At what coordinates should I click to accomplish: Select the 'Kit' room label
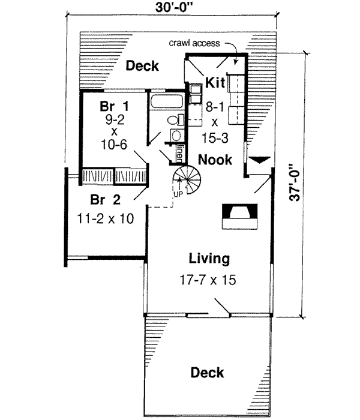click(215, 82)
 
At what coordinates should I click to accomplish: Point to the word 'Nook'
click(215, 160)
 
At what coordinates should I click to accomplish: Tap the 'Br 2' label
click(103, 199)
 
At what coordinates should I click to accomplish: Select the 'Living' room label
click(209, 259)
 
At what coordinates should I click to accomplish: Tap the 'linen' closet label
click(179, 154)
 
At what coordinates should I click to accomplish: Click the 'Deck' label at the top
click(142, 65)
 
